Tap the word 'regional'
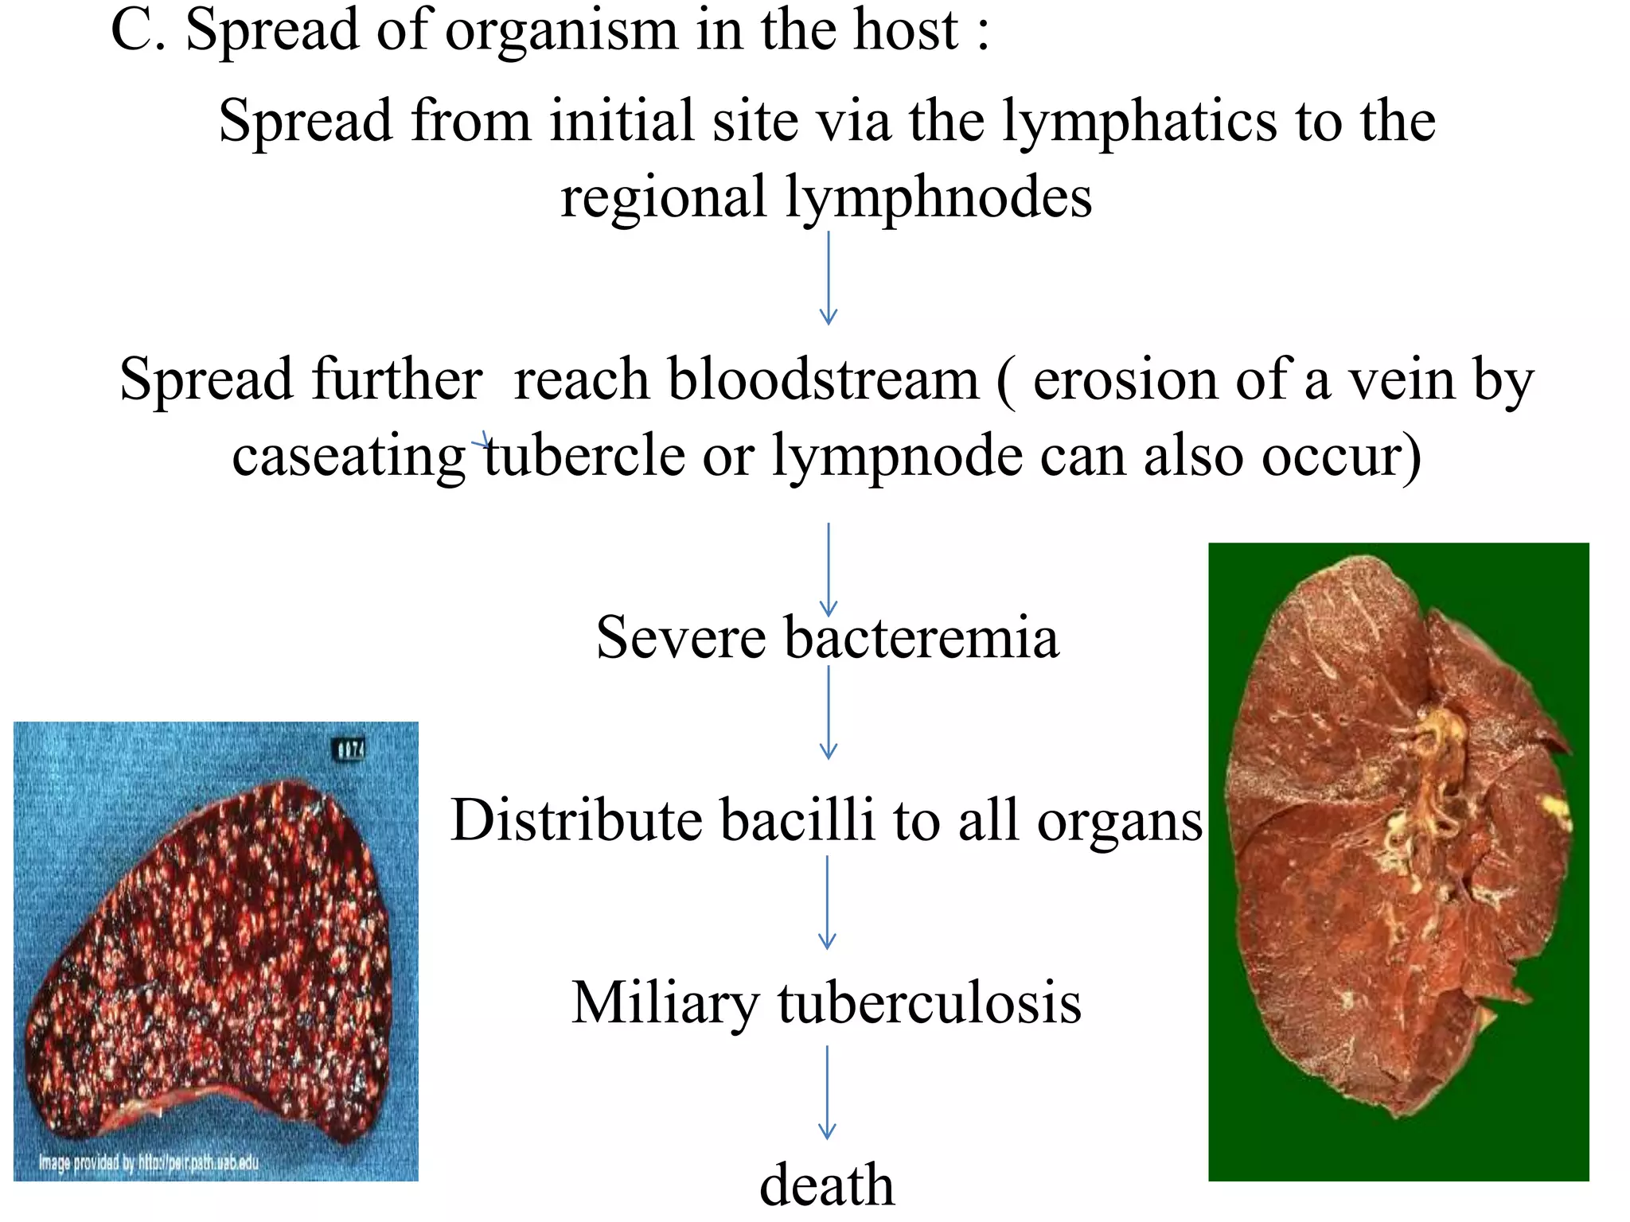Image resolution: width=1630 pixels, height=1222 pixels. coord(662,197)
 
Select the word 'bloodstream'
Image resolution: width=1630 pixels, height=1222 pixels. coord(824,379)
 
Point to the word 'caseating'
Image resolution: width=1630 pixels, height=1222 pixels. coord(349,455)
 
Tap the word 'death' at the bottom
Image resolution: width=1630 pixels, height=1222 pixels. coord(827,1185)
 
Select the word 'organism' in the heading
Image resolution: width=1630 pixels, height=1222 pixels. coord(561,30)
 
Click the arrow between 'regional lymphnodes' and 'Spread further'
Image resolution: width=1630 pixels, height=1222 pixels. coord(829,278)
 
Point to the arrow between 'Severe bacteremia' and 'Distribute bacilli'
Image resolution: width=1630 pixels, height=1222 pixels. coord(829,712)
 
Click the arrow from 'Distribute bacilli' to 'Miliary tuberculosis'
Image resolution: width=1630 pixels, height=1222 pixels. coord(828,902)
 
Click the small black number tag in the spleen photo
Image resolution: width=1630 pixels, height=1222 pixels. coord(349,749)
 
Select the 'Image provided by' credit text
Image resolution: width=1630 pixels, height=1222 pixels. coord(149,1162)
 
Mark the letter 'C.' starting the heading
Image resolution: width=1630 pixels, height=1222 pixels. coord(138,30)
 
